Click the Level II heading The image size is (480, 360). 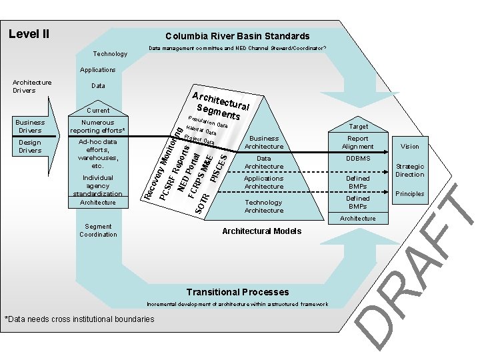[28, 33]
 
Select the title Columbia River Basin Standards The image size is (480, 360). [237, 36]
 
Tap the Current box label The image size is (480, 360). [98, 110]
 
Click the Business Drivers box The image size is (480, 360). [30, 126]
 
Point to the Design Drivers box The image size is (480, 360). [30, 146]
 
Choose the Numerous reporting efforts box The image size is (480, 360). [98, 126]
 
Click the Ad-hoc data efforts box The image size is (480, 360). [98, 153]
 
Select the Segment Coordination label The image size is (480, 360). [98, 231]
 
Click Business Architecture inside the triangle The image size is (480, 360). [264, 142]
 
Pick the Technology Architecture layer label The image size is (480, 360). [264, 206]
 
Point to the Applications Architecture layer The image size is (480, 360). [264, 182]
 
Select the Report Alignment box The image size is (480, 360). [357, 142]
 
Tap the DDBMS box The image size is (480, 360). [357, 159]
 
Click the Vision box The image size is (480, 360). [410, 146]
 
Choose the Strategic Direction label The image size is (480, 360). [410, 170]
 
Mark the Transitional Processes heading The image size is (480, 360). [237, 292]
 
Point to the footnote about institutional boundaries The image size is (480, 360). [79, 319]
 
